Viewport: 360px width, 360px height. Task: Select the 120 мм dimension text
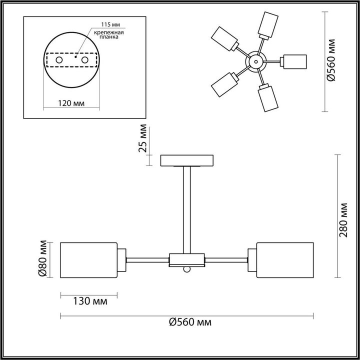71,103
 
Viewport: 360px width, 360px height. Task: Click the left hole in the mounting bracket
59,60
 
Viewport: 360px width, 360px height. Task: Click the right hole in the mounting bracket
85,60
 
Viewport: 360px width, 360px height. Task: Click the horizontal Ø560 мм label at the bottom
189,322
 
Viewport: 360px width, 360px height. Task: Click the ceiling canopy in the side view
186,160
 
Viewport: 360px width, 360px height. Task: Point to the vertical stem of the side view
187,210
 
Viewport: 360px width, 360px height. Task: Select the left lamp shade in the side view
89,259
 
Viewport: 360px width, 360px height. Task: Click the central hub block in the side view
187,259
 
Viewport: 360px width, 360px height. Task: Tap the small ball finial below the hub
187,270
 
